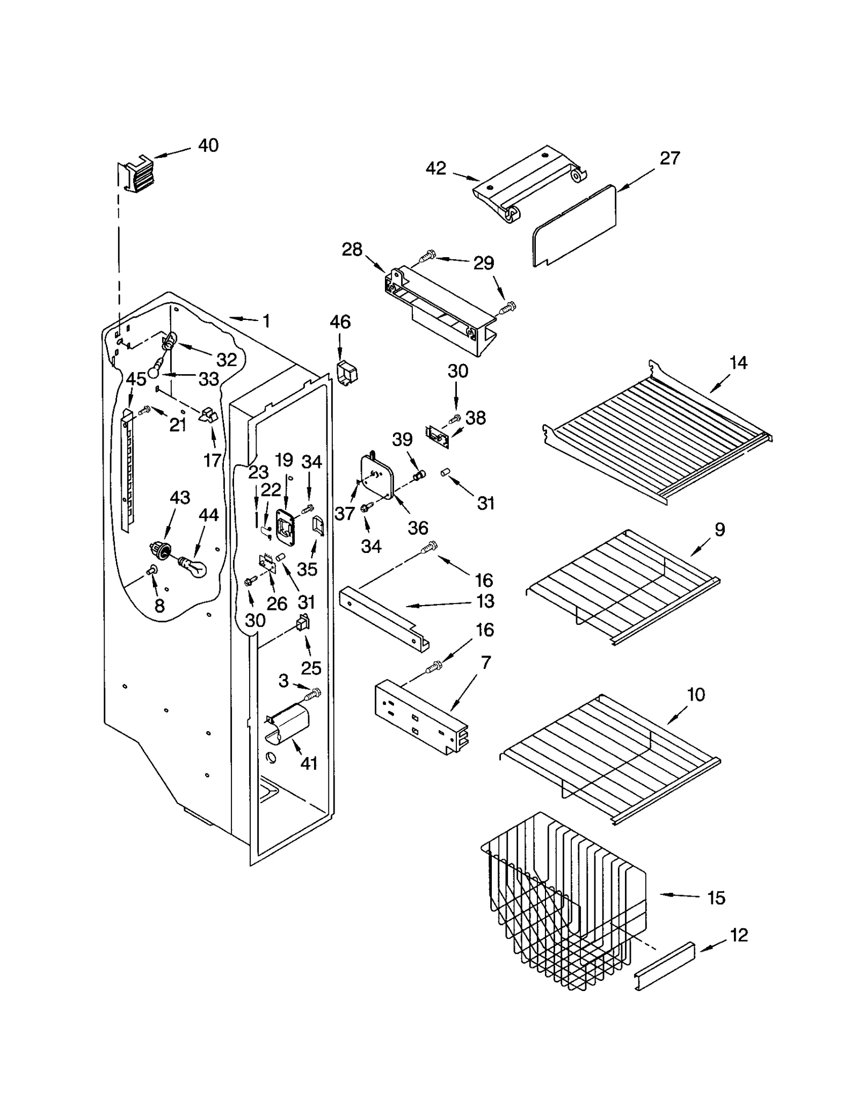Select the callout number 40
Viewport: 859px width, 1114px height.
pyautogui.click(x=208, y=145)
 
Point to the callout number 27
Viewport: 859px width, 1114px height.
pyautogui.click(x=669, y=158)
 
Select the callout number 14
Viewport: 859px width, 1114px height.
pyautogui.click(x=738, y=363)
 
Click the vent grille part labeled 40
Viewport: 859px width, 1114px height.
pyautogui.click(x=135, y=173)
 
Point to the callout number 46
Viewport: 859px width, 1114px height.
pyautogui.click(x=340, y=322)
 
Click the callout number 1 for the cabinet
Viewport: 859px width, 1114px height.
pyautogui.click(x=266, y=322)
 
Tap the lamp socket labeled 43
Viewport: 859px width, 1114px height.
pyautogui.click(x=160, y=550)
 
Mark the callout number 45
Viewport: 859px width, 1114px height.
pyautogui.click(x=136, y=379)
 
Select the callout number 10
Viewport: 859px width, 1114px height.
pyautogui.click(x=696, y=695)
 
